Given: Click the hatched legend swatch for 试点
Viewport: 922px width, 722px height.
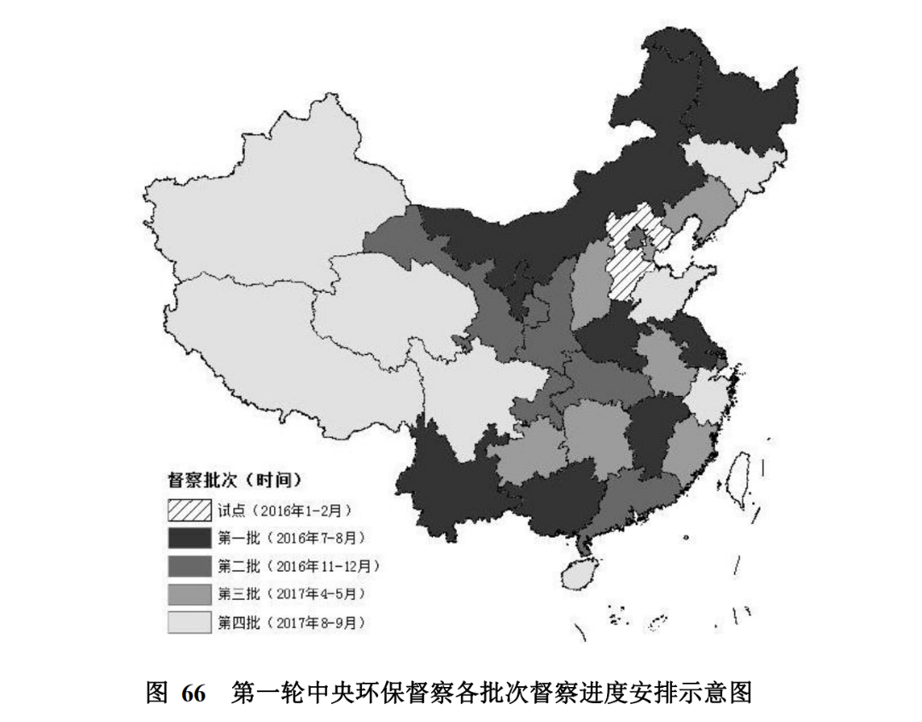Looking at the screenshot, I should [x=190, y=510].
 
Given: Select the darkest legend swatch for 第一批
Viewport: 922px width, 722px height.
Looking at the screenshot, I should [x=190, y=539].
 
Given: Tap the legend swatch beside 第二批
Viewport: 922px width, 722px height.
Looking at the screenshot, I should [x=190, y=567].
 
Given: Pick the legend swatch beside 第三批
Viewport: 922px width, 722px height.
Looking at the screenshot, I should [x=190, y=595].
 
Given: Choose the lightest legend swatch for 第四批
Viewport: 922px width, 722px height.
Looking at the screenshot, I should [x=190, y=623].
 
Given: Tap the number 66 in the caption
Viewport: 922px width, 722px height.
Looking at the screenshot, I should [x=194, y=694].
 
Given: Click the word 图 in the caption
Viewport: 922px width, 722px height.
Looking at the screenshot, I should [x=157, y=694].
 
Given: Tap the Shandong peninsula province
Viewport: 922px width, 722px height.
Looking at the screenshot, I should [x=674, y=286].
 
